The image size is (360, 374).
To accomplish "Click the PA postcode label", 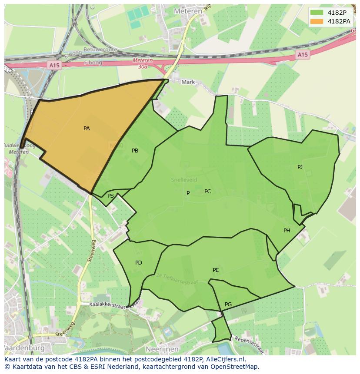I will [87, 129].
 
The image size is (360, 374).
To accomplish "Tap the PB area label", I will [135, 151].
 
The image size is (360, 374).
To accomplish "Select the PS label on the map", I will [110, 196].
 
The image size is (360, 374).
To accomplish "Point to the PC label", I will [207, 192].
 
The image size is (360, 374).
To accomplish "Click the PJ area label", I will [300, 167].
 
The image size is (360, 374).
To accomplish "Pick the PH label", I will [287, 231].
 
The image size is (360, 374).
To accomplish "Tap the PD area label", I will [138, 263].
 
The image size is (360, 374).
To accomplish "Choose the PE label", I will [216, 270].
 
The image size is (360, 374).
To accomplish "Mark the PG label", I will [228, 304].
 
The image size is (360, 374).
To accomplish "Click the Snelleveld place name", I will [183, 179].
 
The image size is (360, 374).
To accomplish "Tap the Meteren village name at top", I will [188, 11].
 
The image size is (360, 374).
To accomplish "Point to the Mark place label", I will [188, 82].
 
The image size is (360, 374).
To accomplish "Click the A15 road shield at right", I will [303, 55].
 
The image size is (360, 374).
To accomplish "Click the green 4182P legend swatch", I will [317, 13].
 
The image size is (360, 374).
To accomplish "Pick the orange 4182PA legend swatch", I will [317, 21].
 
